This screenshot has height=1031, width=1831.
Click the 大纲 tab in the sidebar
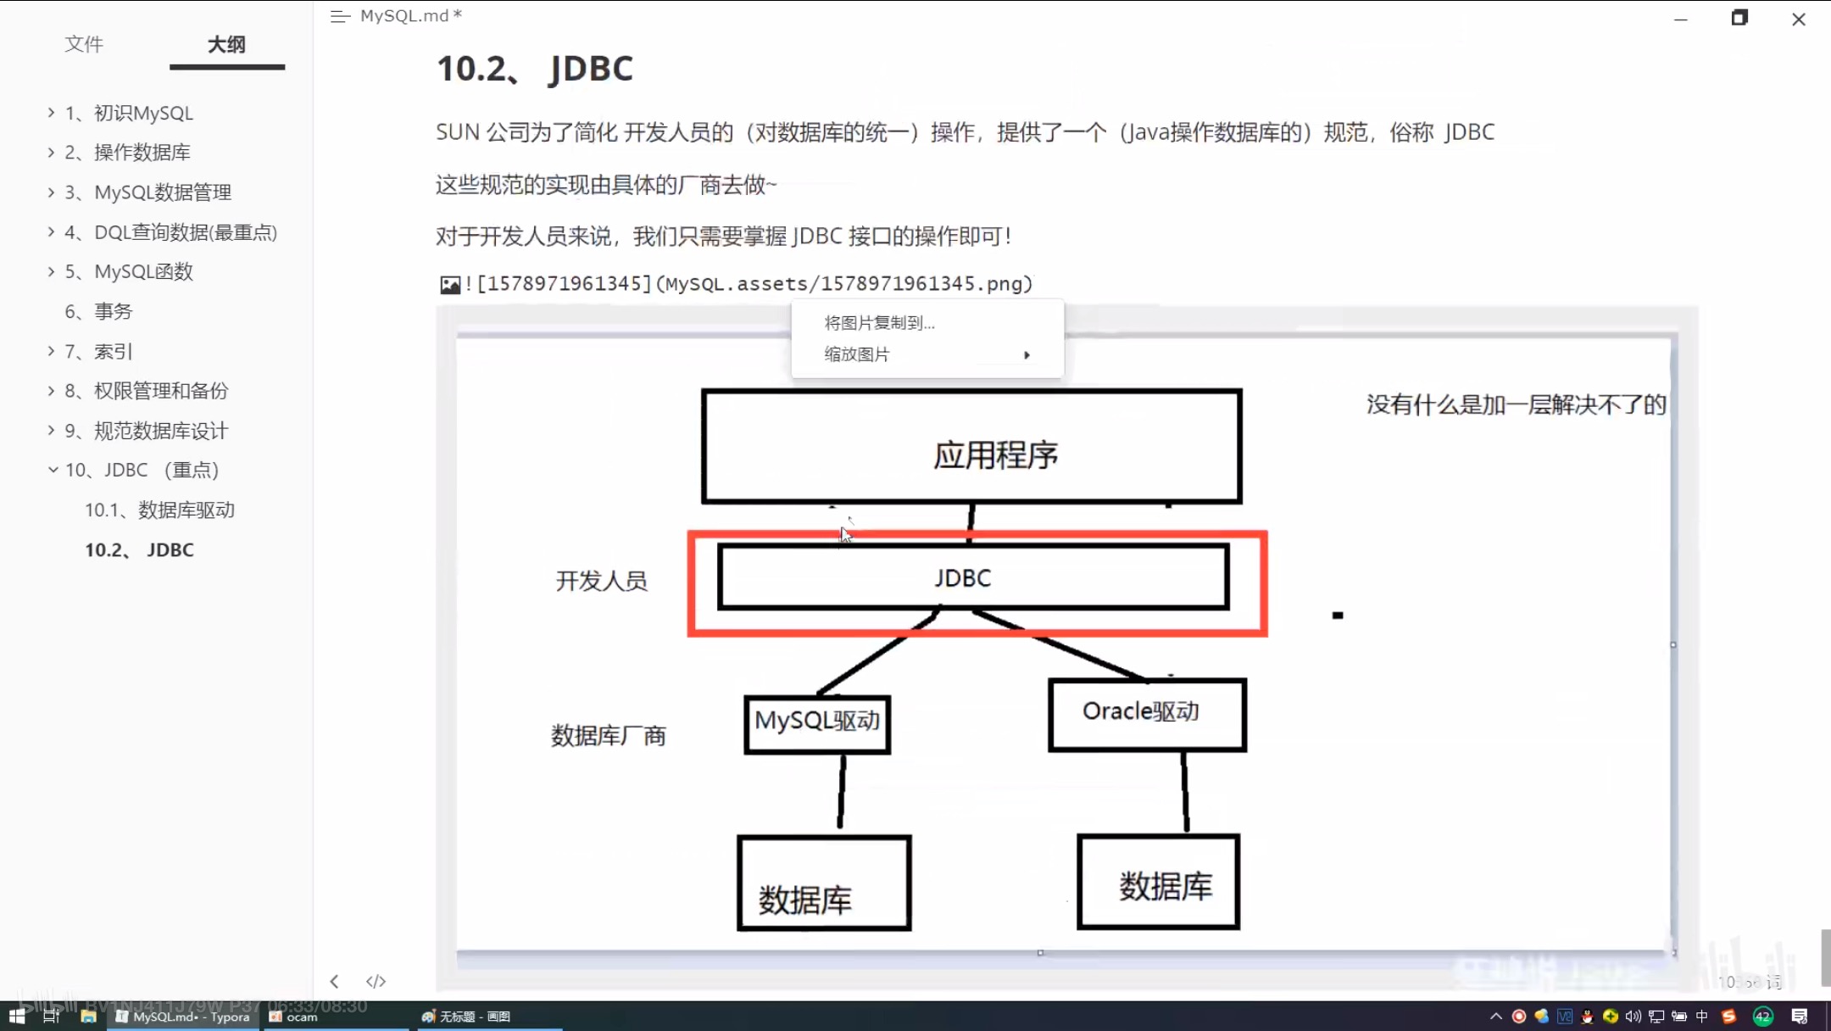coord(226,44)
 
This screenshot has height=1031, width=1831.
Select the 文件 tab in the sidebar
coord(84,44)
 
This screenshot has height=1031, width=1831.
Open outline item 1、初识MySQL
coord(143,113)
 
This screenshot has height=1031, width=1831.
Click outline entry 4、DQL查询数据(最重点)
coord(185,232)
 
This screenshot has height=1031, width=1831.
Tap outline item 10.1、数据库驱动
coord(159,510)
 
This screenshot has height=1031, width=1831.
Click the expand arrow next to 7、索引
coord(52,351)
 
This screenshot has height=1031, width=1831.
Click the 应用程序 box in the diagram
coord(971,447)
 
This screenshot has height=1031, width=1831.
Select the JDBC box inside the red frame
coord(972,577)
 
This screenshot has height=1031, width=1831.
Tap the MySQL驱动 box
coord(817,723)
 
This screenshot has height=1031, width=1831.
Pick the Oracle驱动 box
coord(1147,714)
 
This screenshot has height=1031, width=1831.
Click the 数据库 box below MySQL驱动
coord(824,883)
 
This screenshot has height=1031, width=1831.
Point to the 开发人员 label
coord(601,581)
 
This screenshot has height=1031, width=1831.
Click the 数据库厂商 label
coord(608,735)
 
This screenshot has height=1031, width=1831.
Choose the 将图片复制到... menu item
coord(879,323)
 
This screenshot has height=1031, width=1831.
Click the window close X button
coord(1799,19)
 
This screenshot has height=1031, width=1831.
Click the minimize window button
coord(1681,19)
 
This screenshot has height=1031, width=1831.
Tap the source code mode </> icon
coord(376,981)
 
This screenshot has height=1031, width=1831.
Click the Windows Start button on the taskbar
coord(17,1016)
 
